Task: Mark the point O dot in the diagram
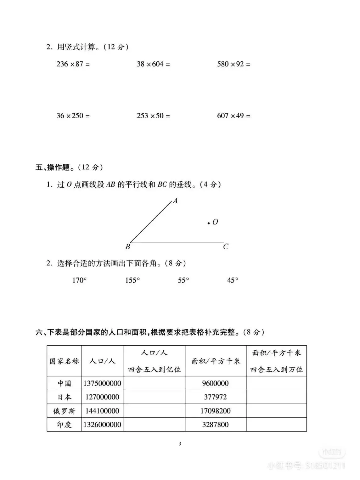click(x=208, y=223)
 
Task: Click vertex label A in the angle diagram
click(x=175, y=201)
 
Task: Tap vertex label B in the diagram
click(x=127, y=247)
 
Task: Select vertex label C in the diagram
click(x=226, y=247)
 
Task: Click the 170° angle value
click(x=79, y=280)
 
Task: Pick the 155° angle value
click(x=132, y=280)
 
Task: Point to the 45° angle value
click(x=233, y=280)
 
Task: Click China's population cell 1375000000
click(x=102, y=383)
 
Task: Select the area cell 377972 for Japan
click(x=215, y=397)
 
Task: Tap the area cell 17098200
click(x=215, y=411)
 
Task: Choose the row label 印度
click(x=64, y=425)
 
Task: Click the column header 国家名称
click(x=64, y=361)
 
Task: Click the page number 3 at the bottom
click(x=180, y=444)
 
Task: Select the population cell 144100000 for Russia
click(x=102, y=411)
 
